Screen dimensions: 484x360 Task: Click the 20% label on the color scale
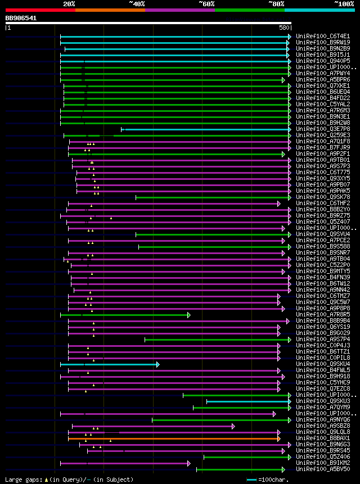click(x=69, y=4)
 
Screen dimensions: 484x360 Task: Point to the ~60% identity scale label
click(x=206, y=4)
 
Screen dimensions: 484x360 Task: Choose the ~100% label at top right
click(x=344, y=4)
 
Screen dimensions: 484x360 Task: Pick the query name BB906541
click(x=21, y=18)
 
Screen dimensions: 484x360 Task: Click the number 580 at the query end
click(x=284, y=27)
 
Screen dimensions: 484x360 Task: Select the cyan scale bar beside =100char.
click(x=251, y=480)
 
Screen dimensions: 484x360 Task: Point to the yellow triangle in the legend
click(x=46, y=480)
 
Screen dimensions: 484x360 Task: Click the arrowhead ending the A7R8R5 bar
click(x=189, y=315)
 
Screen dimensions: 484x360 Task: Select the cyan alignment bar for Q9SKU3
click(x=247, y=401)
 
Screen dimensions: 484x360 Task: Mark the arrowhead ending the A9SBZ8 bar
click(x=233, y=426)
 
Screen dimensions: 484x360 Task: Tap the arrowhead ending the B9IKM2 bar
click(x=189, y=463)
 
